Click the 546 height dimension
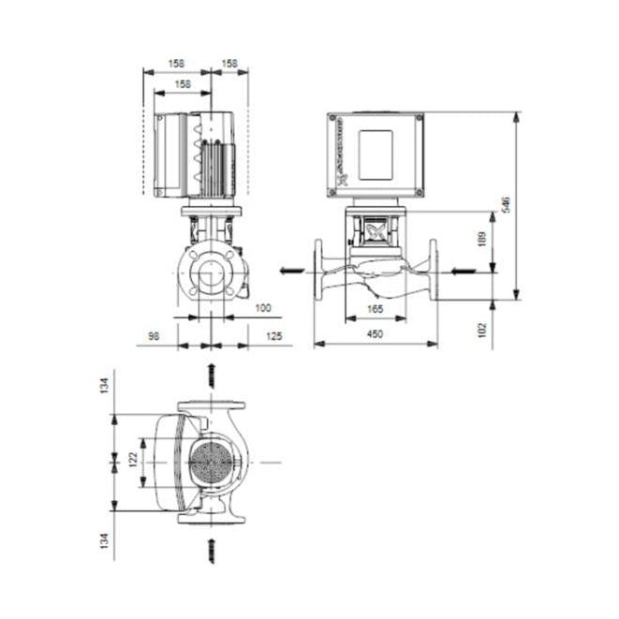click(x=505, y=204)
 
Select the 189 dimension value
click(x=482, y=241)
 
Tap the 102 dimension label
click(x=482, y=330)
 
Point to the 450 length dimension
click(x=375, y=334)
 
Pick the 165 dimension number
click(x=374, y=308)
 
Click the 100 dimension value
click(x=263, y=308)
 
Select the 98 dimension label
click(x=152, y=334)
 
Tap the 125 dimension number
click(x=273, y=334)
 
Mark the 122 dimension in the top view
click(x=133, y=460)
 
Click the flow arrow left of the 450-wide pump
click(x=291, y=272)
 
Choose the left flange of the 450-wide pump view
click(x=319, y=271)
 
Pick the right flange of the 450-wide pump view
click(x=433, y=271)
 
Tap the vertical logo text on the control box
click(x=337, y=155)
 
